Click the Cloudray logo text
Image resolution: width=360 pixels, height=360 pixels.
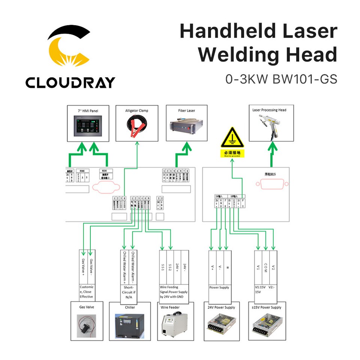coord(70,82)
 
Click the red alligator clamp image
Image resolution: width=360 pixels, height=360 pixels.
coord(136,127)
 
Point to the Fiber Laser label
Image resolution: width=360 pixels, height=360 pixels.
coord(186,111)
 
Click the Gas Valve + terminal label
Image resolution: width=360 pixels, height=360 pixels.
coord(83,267)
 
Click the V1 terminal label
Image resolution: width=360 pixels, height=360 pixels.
coord(258,267)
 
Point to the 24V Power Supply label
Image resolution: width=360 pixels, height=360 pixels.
coord(221,307)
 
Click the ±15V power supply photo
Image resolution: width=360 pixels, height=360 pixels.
coord(267,325)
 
